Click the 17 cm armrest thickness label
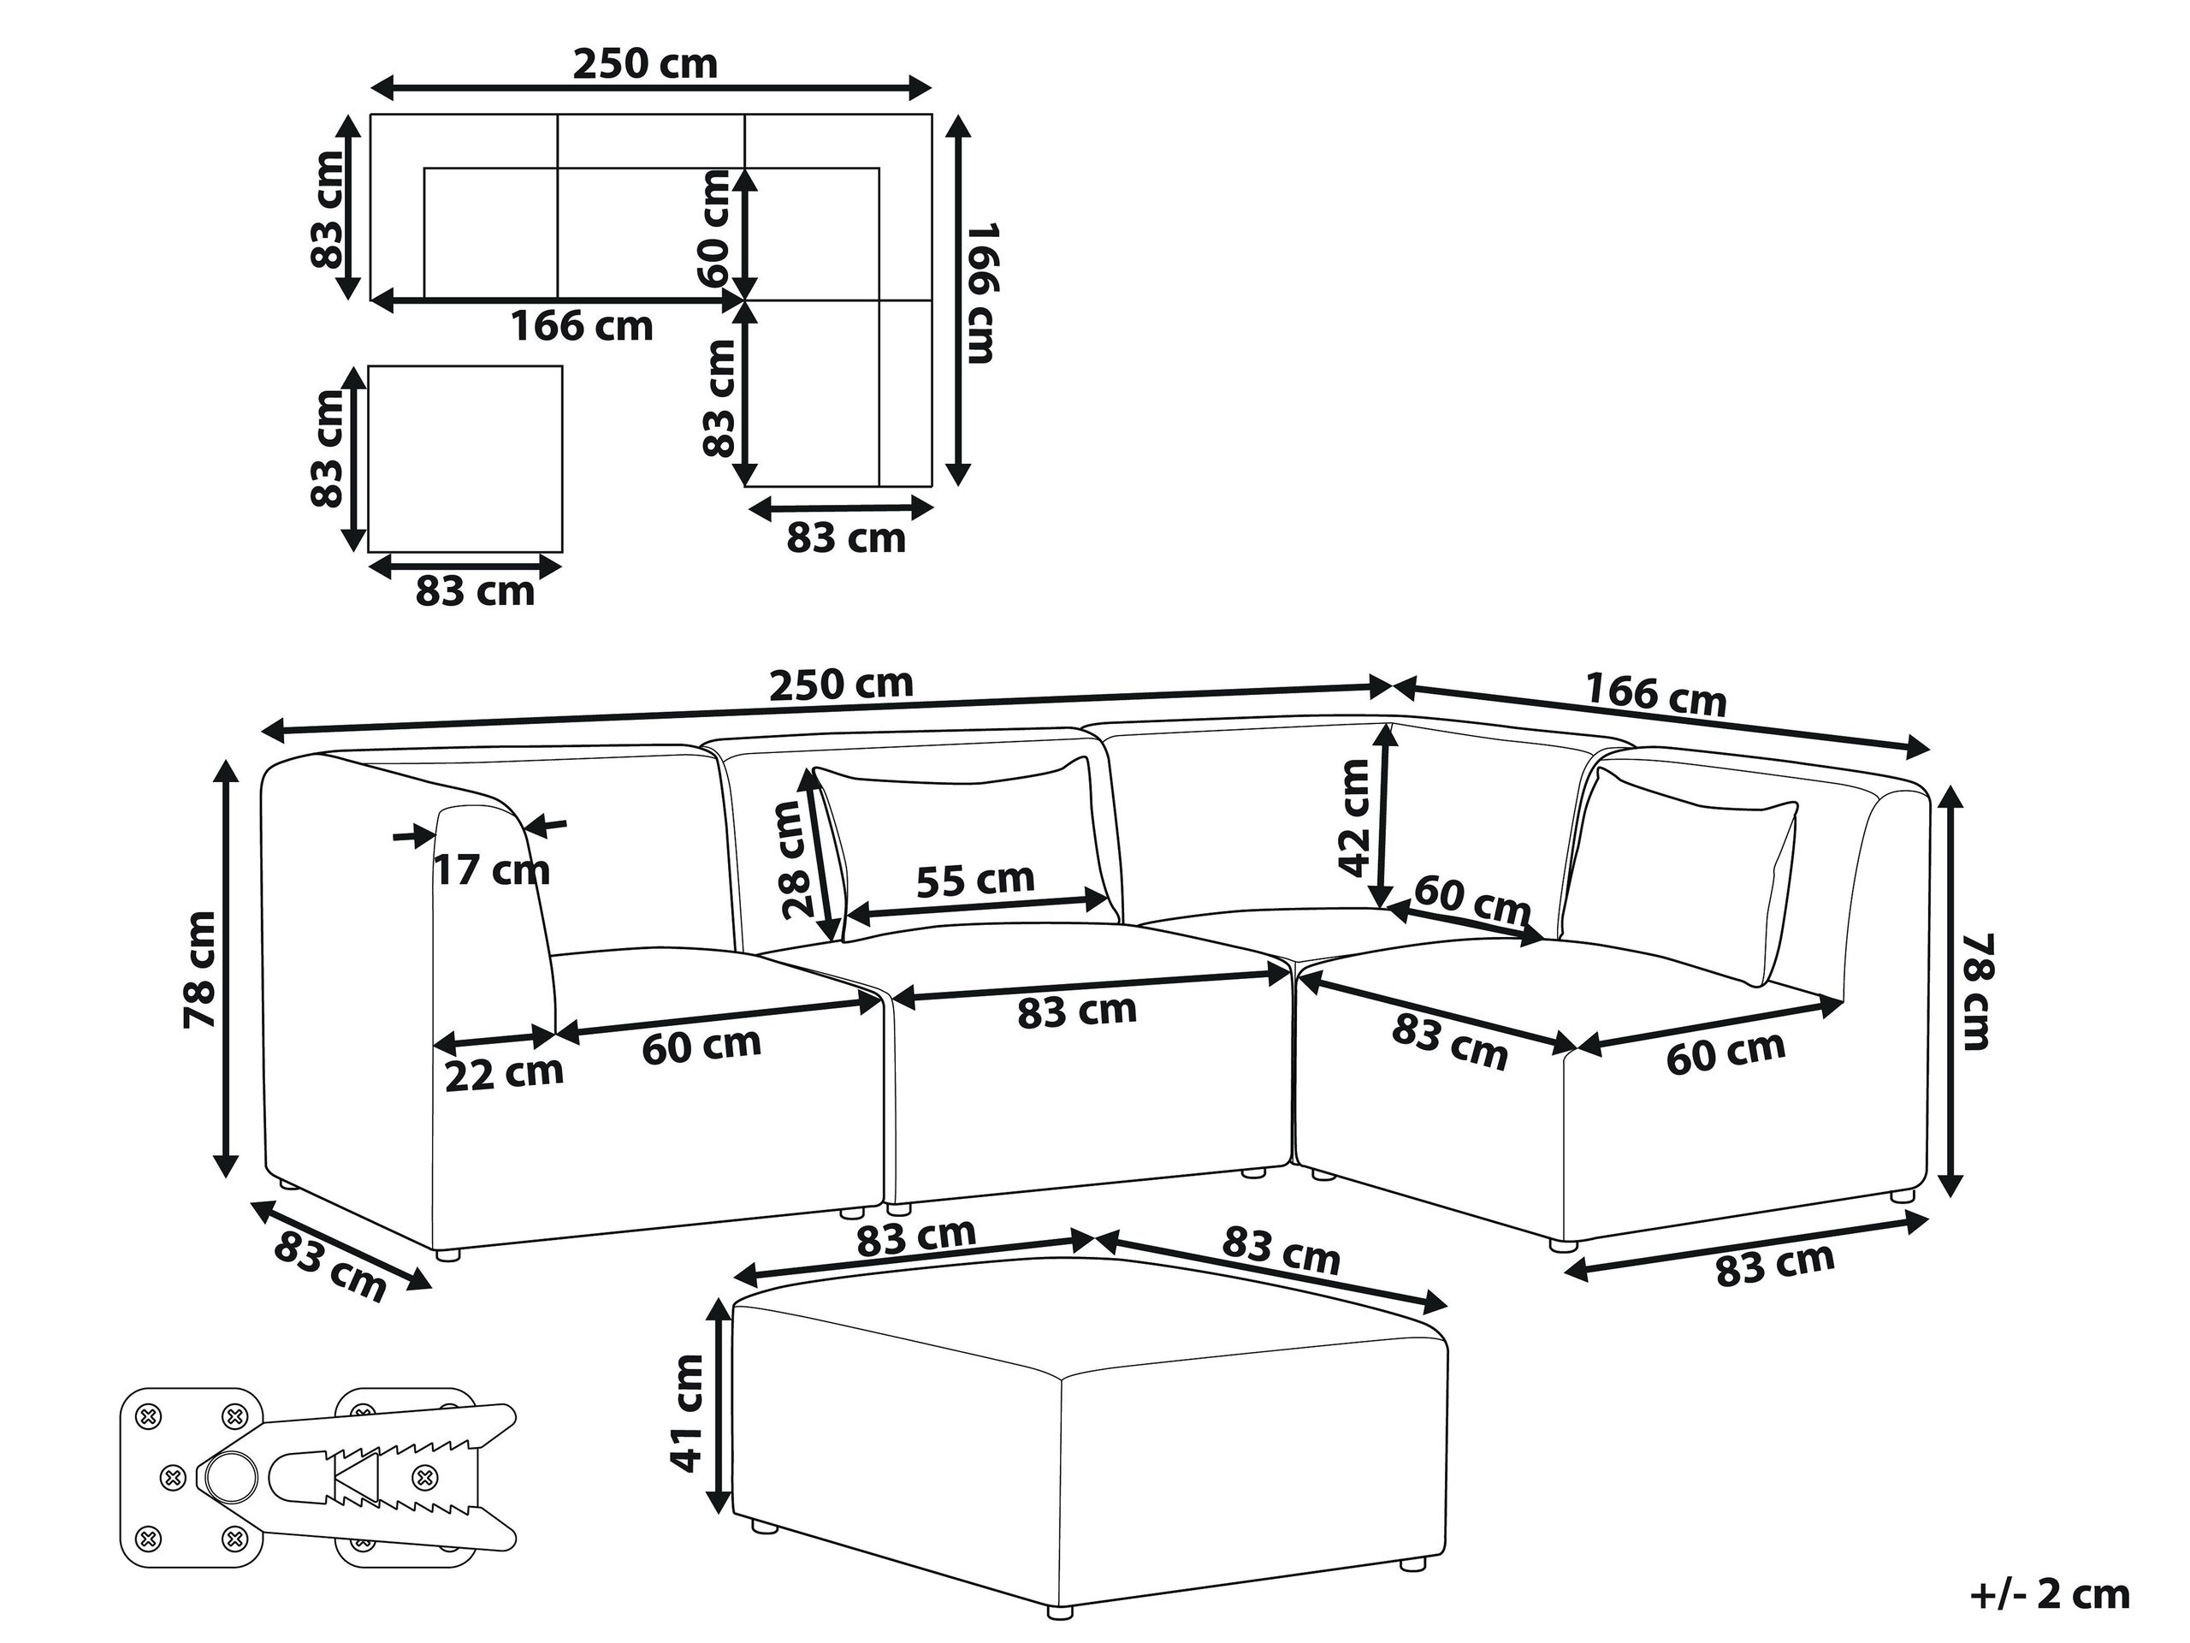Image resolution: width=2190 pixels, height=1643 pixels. (492, 871)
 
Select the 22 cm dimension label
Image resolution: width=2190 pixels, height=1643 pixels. (504, 1075)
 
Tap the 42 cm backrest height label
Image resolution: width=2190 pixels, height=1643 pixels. (1353, 817)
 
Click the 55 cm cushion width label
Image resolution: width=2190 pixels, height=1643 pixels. (975, 880)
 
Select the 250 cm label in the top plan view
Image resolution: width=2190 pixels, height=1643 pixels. (646, 64)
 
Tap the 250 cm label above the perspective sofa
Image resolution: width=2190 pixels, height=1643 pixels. (842, 685)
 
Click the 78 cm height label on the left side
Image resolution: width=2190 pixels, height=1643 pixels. (200, 970)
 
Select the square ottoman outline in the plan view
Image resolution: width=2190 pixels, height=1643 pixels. (465, 459)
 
